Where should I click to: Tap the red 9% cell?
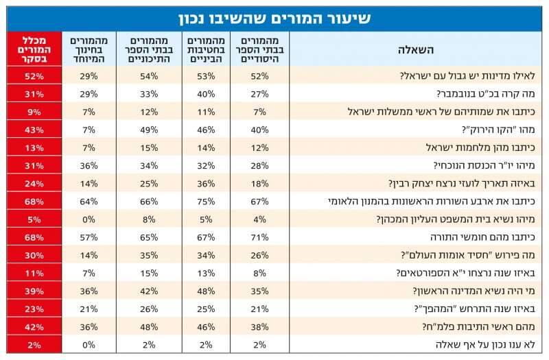tap(31, 112)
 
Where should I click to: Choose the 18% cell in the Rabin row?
tap(259, 183)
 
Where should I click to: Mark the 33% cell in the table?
tap(149, 95)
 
